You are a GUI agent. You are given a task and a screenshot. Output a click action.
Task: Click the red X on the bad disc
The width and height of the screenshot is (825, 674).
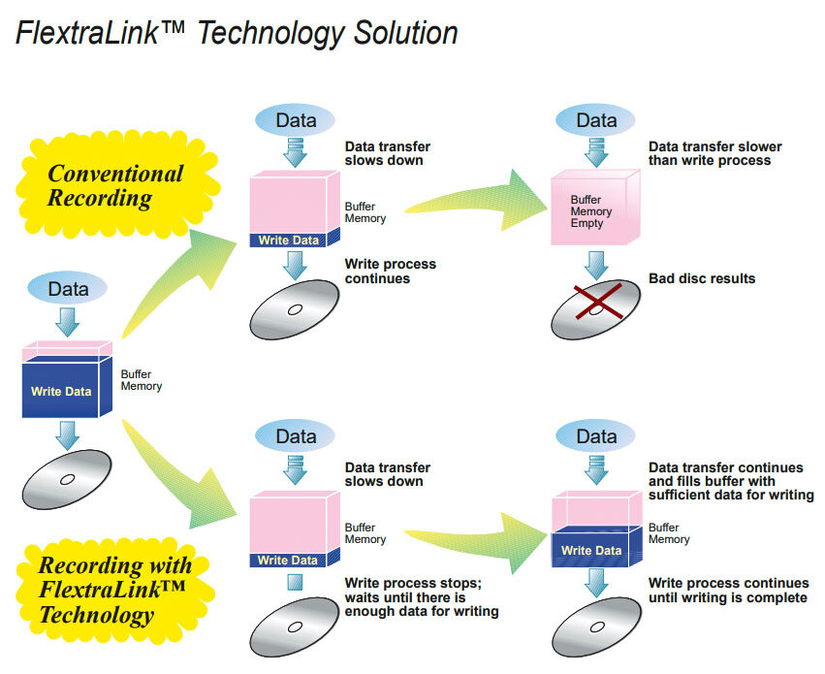(598, 302)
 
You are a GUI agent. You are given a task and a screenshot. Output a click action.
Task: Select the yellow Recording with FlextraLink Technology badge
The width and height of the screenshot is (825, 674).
(115, 591)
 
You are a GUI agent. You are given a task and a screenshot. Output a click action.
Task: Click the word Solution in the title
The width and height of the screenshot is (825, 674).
(405, 33)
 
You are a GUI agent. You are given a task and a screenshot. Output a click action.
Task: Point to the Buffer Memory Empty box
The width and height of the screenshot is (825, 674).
(595, 208)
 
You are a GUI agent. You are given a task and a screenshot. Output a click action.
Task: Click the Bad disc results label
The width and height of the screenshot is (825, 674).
(702, 278)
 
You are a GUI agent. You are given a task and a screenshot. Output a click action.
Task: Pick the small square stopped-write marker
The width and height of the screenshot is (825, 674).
(295, 582)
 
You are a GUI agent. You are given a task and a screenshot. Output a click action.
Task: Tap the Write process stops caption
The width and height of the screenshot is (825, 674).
(422, 597)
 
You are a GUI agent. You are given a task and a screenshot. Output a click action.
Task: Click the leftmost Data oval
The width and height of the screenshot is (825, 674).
(68, 288)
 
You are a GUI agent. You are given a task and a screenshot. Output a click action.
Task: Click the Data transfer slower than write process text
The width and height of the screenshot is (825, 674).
(715, 153)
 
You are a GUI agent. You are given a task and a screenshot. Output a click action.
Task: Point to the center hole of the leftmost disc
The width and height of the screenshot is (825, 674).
(67, 479)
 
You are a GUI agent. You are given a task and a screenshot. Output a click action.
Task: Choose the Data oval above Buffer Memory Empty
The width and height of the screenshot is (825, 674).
(595, 120)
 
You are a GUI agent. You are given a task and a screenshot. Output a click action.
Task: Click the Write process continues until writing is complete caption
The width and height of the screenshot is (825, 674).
(728, 590)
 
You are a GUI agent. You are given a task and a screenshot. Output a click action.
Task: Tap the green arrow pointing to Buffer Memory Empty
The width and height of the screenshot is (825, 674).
(476, 201)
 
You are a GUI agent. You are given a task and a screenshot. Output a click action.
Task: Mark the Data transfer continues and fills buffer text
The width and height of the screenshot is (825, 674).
(731, 481)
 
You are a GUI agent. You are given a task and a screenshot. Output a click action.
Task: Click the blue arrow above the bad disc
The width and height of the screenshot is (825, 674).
(596, 265)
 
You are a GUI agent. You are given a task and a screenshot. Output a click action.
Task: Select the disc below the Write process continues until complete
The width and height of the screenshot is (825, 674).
(596, 626)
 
